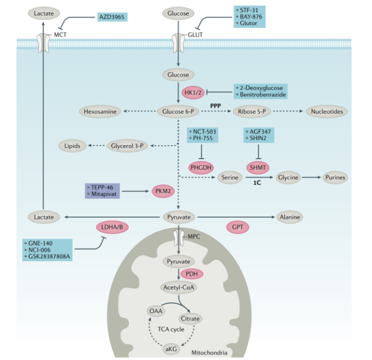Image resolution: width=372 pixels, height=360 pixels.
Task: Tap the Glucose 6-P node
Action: point(178,110)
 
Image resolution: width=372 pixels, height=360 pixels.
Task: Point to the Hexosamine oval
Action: point(100,110)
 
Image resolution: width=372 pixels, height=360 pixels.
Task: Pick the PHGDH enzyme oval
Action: point(201,167)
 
